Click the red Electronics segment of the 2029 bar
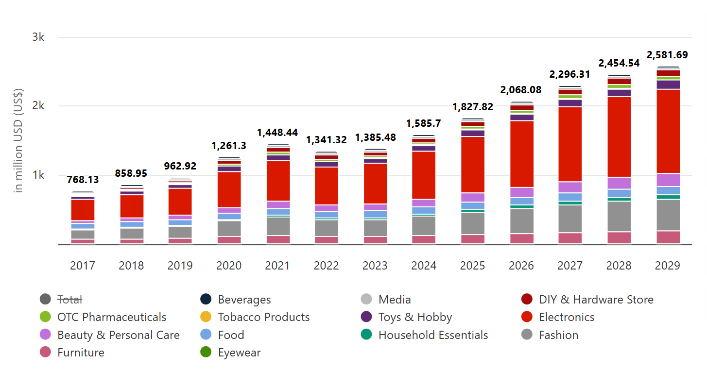(668, 131)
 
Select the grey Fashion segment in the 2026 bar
(521, 221)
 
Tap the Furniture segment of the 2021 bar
(277, 239)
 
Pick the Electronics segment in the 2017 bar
(83, 210)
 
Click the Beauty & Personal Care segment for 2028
(619, 183)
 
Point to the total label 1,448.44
(277, 133)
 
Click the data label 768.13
(83, 179)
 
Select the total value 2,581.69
(667, 55)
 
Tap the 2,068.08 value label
(521, 90)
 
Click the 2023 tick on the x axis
(375, 266)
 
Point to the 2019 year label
(180, 266)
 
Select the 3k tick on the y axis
(38, 37)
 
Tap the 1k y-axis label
(38, 175)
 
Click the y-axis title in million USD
(19, 141)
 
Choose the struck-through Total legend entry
(70, 300)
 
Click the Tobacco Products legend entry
(263, 318)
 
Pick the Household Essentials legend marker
(367, 335)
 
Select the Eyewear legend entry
(239, 353)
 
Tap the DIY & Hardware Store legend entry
(596, 300)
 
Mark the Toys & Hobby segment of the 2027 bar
(570, 103)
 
